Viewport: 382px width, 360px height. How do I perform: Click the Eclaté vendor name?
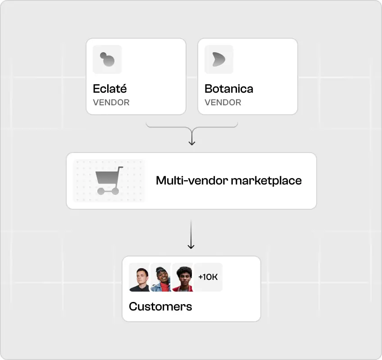(x=109, y=88)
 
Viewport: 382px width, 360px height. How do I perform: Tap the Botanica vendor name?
(x=229, y=88)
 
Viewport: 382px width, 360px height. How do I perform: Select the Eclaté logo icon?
(x=107, y=59)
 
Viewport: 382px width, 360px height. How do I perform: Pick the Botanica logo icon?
(x=219, y=59)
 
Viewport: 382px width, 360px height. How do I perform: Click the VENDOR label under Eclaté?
(x=111, y=102)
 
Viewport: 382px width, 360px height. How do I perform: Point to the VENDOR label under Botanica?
(x=223, y=102)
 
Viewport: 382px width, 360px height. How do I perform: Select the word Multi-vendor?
(x=191, y=181)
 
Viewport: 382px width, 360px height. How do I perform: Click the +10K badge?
(x=208, y=277)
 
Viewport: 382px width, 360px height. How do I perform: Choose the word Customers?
(x=160, y=306)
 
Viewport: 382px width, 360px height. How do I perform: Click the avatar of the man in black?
(x=139, y=278)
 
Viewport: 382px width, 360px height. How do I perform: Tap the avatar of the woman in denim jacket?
(x=161, y=278)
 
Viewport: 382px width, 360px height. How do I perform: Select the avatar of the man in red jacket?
(x=182, y=278)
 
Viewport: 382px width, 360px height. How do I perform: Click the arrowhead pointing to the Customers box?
(x=191, y=247)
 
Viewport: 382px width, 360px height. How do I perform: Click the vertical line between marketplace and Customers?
(x=191, y=232)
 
